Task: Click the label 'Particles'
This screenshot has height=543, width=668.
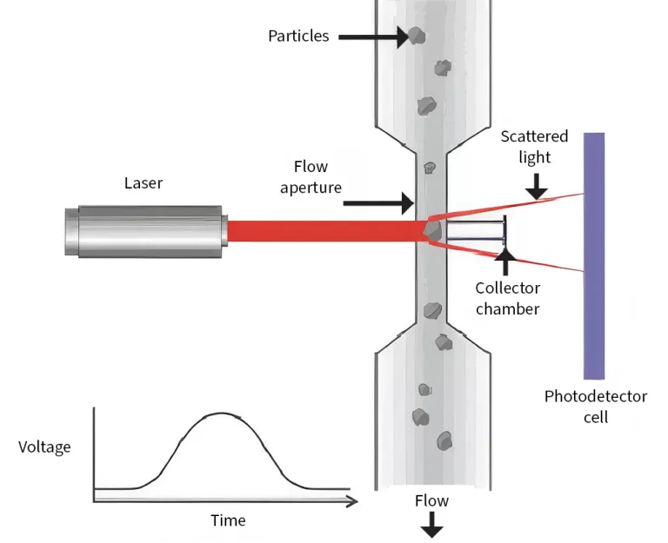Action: pos(297,36)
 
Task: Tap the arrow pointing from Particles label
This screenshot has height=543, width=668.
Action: pos(370,36)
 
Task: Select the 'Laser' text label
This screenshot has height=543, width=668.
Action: pos(144,182)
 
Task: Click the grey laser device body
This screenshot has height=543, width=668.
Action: pos(144,230)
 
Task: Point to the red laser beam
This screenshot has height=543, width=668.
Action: pos(322,230)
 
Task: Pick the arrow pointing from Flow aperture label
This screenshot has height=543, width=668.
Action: pos(378,204)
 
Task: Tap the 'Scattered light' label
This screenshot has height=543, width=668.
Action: pos(534,147)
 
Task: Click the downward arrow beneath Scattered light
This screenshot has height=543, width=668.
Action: pos(537,184)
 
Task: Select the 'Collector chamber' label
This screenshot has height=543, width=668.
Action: pos(508,298)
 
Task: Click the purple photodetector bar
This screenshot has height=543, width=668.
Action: pos(594,255)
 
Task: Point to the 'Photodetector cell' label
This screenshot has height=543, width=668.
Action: pos(596,407)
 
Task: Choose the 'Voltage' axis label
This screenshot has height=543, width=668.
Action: pos(44,447)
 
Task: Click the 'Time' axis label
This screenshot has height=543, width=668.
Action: pos(228,520)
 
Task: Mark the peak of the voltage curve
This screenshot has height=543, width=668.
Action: pos(224,414)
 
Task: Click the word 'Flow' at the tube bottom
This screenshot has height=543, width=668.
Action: pos(431,501)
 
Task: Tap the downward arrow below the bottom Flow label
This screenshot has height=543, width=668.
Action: pos(431,526)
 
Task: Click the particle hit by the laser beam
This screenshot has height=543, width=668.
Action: pos(432,229)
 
